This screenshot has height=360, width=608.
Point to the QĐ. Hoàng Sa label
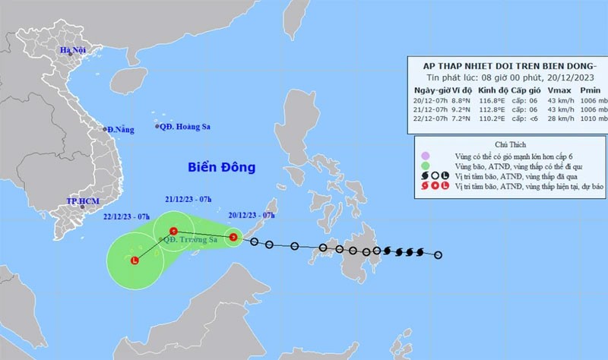(x=186, y=127)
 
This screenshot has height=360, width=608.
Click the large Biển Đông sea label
(x=222, y=167)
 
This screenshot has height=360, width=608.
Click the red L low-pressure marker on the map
(x=135, y=262)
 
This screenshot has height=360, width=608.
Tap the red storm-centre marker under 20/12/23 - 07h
(x=234, y=238)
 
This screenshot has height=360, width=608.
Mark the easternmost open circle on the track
(x=438, y=254)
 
